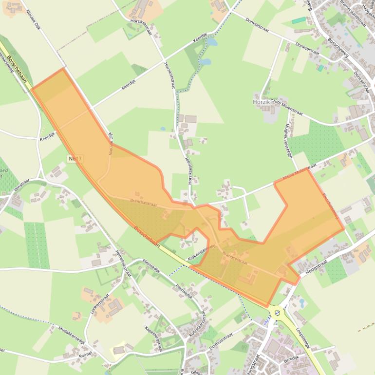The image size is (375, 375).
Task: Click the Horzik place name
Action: point(261,102)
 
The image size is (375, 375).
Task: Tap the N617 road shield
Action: point(75,159)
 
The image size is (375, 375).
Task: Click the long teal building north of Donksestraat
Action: point(299,20)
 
